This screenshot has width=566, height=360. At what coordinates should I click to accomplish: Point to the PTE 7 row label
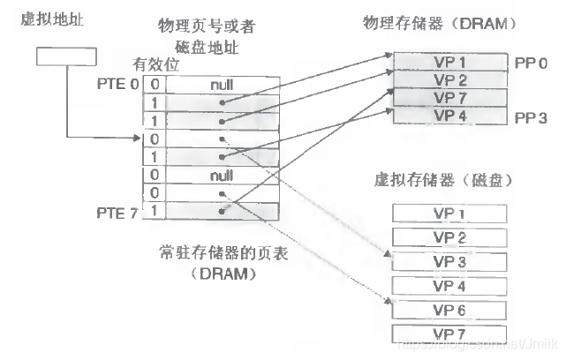pyautogui.click(x=117, y=213)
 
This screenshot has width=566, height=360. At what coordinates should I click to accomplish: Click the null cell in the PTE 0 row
pyautogui.click(x=221, y=84)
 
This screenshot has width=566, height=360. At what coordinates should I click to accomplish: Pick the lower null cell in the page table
pyautogui.click(x=221, y=176)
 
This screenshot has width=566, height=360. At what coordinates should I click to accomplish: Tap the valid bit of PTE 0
pyautogui.click(x=154, y=84)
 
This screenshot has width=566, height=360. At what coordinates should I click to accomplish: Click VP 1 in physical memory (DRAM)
pyautogui.click(x=449, y=63)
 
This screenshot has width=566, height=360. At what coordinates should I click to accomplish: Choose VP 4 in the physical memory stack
pyautogui.click(x=449, y=116)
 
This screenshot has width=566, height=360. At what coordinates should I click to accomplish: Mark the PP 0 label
pyautogui.click(x=532, y=64)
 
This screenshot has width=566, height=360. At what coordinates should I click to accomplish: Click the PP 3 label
pyautogui.click(x=532, y=116)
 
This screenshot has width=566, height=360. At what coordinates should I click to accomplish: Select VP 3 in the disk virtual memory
pyautogui.click(x=449, y=261)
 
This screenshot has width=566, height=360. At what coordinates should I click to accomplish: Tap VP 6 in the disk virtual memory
pyautogui.click(x=449, y=309)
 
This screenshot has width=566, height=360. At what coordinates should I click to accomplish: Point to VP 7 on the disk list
pyautogui.click(x=449, y=333)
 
